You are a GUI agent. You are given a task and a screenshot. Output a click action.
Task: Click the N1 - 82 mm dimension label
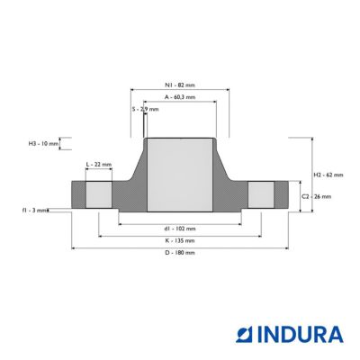click(x=180, y=85)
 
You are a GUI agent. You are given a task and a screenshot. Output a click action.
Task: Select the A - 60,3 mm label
click(x=180, y=97)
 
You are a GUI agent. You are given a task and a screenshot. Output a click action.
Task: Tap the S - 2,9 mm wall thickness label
click(x=145, y=109)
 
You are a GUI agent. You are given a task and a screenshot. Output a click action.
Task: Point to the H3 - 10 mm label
click(x=43, y=144)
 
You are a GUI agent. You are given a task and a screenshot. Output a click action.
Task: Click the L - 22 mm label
click(x=99, y=165)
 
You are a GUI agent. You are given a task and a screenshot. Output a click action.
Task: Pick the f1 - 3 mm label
click(x=35, y=211)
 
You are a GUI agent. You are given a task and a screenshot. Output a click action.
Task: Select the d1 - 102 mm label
click(x=180, y=229)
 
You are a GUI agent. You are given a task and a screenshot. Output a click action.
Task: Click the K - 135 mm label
click(x=180, y=240)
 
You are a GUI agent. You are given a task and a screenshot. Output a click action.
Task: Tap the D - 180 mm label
click(x=180, y=253)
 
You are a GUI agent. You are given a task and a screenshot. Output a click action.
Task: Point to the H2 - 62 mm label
click(x=328, y=175)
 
